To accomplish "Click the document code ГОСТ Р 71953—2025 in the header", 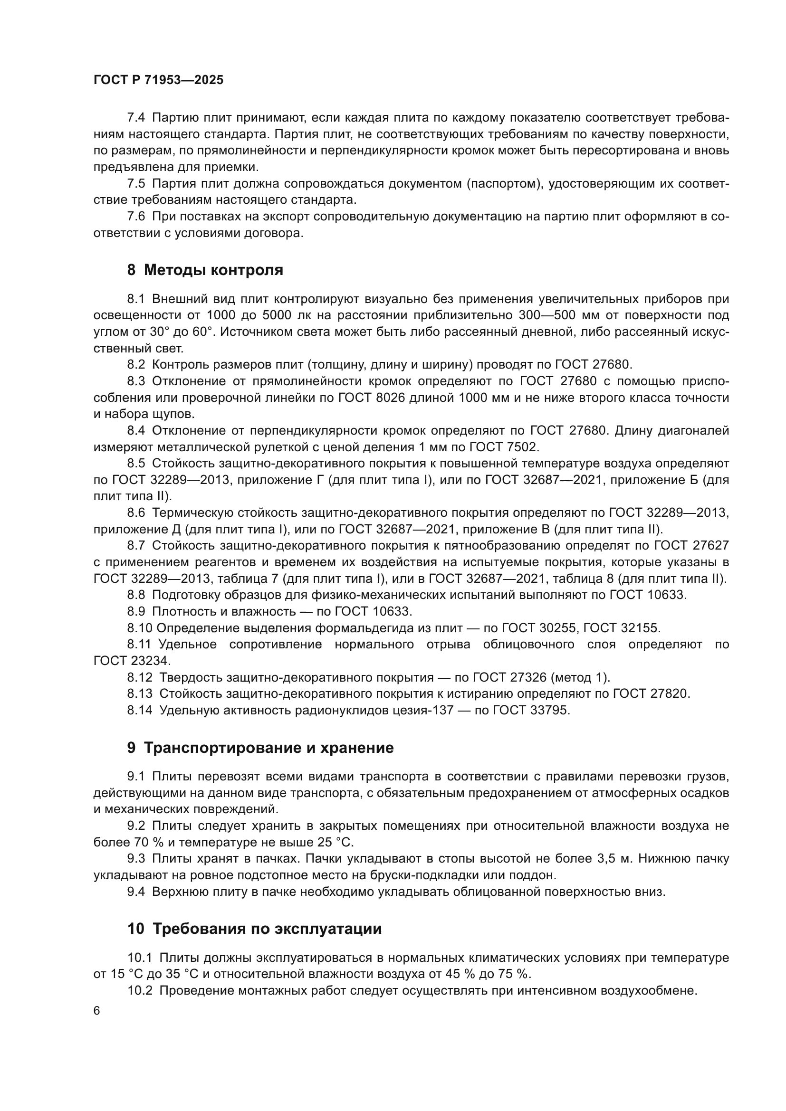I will point(158,80).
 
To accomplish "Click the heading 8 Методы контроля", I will point(205,270).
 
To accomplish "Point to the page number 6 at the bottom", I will point(97,1011).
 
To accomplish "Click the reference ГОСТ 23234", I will point(132,661).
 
